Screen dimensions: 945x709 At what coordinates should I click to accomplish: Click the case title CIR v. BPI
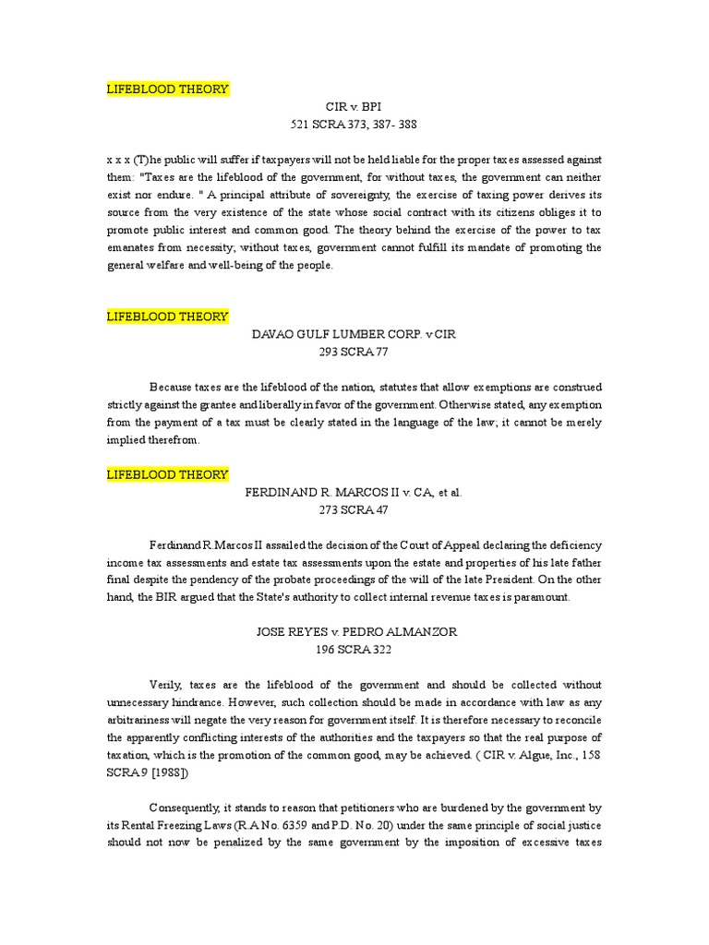(x=354, y=107)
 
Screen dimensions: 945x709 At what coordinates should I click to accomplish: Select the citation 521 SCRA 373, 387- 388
(x=354, y=125)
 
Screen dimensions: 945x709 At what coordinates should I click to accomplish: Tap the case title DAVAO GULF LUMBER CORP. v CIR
(x=354, y=334)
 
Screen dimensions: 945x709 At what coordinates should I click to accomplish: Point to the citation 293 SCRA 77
(x=354, y=352)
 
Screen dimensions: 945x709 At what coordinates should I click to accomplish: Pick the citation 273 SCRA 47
(x=354, y=510)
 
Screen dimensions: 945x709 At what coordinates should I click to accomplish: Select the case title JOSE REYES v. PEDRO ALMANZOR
(x=354, y=633)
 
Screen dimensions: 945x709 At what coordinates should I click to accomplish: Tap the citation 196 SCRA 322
(x=354, y=651)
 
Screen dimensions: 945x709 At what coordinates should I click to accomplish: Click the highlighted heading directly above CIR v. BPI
(x=167, y=89)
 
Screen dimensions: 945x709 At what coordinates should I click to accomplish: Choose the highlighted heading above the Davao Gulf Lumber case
(x=167, y=317)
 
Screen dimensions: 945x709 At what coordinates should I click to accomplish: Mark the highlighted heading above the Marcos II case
(x=167, y=474)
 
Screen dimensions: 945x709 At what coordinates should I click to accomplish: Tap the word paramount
(x=543, y=597)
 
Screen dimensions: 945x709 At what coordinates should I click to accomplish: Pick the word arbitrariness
(x=145, y=721)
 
